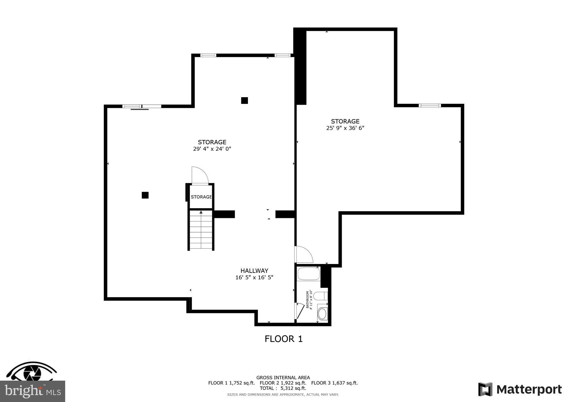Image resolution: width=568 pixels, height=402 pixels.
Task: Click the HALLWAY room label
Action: [x=254, y=271]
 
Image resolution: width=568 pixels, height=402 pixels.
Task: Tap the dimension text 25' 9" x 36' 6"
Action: [x=345, y=128]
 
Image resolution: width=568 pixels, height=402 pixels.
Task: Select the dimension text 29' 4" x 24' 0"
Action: [x=212, y=149]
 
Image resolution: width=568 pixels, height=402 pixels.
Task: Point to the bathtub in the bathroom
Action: [x=308, y=274]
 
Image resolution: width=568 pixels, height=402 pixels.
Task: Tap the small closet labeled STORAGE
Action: [x=201, y=197]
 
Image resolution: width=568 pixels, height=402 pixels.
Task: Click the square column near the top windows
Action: [x=244, y=100]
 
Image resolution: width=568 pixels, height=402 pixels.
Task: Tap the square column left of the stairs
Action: [x=145, y=195]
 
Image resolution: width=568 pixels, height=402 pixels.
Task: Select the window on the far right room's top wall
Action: [x=430, y=105]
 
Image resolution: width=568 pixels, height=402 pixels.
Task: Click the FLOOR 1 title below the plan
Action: [x=283, y=339]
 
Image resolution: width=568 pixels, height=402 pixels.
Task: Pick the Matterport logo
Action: [x=520, y=389]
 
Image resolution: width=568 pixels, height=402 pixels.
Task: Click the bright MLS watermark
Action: [x=32, y=391]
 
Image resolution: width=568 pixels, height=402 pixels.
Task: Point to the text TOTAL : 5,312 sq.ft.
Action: [x=283, y=388]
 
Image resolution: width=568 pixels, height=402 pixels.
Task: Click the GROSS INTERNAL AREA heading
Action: [x=283, y=378]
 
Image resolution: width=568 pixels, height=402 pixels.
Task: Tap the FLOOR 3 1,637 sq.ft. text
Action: [x=334, y=383]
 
